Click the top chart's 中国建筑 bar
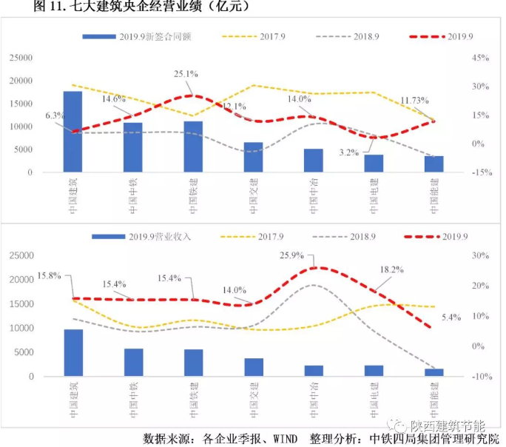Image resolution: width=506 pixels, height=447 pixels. click(x=72, y=132)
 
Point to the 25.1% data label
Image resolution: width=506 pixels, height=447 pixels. click(x=186, y=74)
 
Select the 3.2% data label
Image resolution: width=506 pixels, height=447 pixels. click(x=349, y=153)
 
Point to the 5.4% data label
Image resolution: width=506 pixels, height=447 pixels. click(x=450, y=317)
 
